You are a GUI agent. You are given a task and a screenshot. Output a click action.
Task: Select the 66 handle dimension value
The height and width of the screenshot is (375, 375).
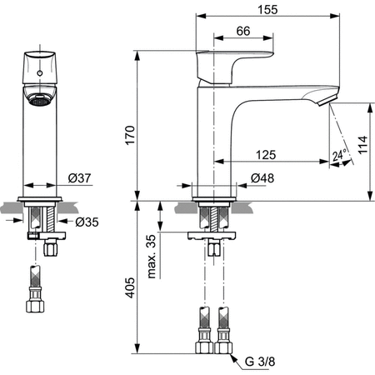pyautogui.click(x=243, y=30)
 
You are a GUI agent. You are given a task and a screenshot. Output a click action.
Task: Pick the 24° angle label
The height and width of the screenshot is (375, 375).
pyautogui.click(x=337, y=155)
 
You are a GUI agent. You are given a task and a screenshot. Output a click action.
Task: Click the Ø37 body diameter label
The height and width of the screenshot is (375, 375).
pyautogui.click(x=79, y=177)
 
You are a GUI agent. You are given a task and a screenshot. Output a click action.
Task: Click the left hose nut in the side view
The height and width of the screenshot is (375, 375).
pyautogui.click(x=202, y=343)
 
